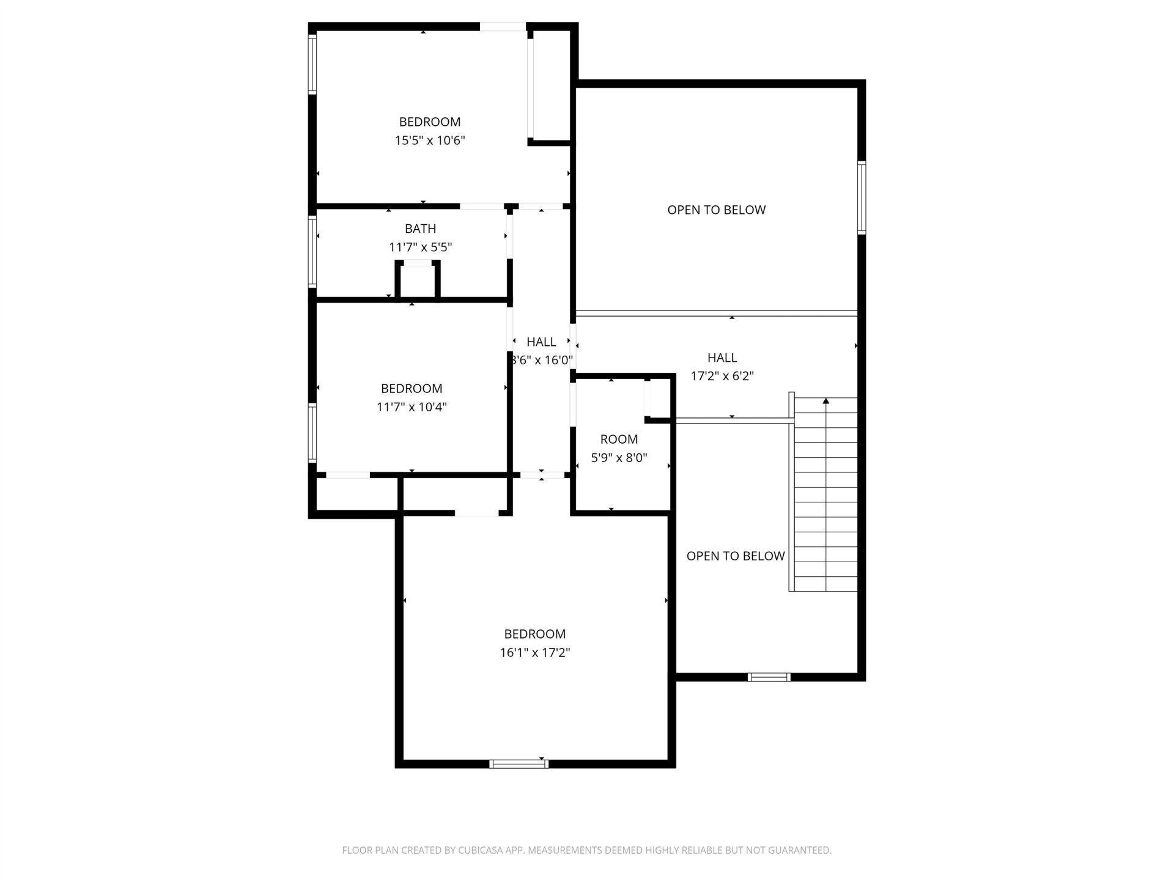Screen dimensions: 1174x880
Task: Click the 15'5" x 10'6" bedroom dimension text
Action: click(x=430, y=141)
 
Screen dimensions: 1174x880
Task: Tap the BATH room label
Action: click(x=421, y=229)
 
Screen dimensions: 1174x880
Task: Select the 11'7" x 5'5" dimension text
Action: click(x=421, y=247)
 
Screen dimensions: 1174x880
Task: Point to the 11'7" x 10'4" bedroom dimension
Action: click(x=412, y=407)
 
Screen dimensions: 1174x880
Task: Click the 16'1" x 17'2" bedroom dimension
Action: click(x=535, y=653)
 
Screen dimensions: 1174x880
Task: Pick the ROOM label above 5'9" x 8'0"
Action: click(x=619, y=439)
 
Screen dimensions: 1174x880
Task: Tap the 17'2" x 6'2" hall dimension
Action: click(x=722, y=376)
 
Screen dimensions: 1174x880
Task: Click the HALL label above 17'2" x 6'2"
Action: click(x=722, y=358)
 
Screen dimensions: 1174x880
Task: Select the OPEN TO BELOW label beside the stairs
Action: click(x=736, y=556)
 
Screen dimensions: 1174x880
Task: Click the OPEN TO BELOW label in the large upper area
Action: click(x=717, y=210)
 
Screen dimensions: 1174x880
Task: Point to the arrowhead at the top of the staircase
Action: click(x=826, y=401)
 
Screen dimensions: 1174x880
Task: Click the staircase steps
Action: click(x=825, y=494)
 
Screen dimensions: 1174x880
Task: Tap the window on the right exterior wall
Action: click(x=862, y=197)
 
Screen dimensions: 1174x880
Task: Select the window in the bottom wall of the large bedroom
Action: click(x=519, y=764)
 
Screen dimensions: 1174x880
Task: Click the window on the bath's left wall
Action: click(x=312, y=251)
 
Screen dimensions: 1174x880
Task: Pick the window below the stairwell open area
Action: click(x=769, y=677)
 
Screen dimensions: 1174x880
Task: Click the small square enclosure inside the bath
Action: click(x=418, y=280)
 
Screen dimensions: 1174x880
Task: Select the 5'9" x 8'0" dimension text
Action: click(x=619, y=458)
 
